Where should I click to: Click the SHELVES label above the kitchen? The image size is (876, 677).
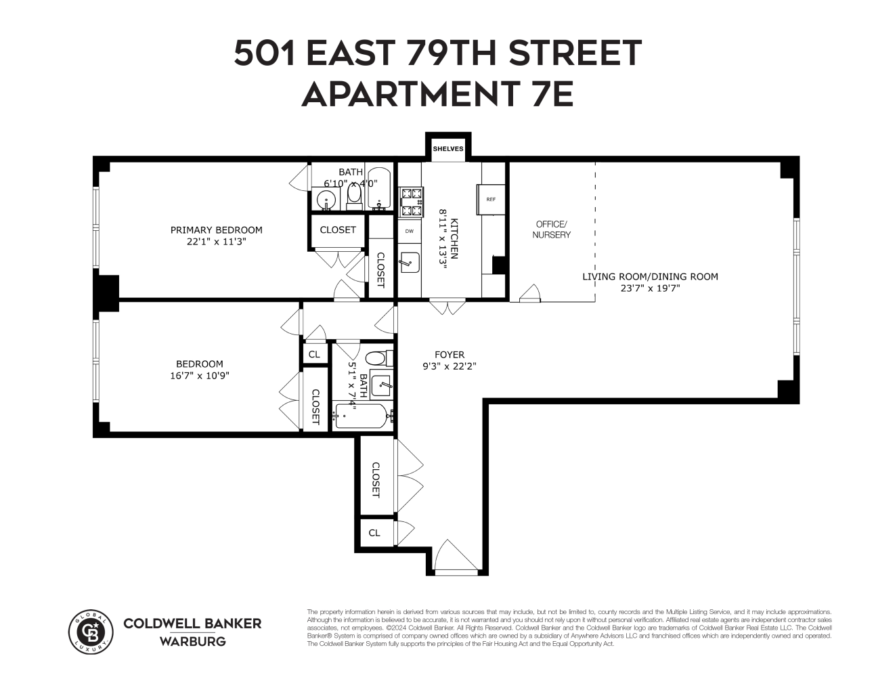point(447,148)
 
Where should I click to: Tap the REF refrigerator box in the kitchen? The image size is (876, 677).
point(491,199)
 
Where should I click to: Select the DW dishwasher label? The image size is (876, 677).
point(409,231)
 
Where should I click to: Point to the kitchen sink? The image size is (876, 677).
point(408,261)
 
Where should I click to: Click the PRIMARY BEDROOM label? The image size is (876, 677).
point(216,230)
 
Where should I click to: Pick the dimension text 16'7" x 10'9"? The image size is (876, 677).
point(200,376)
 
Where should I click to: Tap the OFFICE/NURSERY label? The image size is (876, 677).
point(552,230)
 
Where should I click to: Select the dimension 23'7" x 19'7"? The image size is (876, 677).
point(650,288)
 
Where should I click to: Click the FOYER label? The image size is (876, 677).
point(450,354)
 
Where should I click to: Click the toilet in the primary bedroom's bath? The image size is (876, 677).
point(354,196)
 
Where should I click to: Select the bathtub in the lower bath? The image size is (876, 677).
point(360,416)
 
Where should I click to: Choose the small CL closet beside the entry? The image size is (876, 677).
point(374,533)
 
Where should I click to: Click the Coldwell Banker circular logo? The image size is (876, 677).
point(91,632)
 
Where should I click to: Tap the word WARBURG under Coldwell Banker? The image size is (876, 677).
point(192,641)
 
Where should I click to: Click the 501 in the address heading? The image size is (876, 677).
point(265,53)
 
